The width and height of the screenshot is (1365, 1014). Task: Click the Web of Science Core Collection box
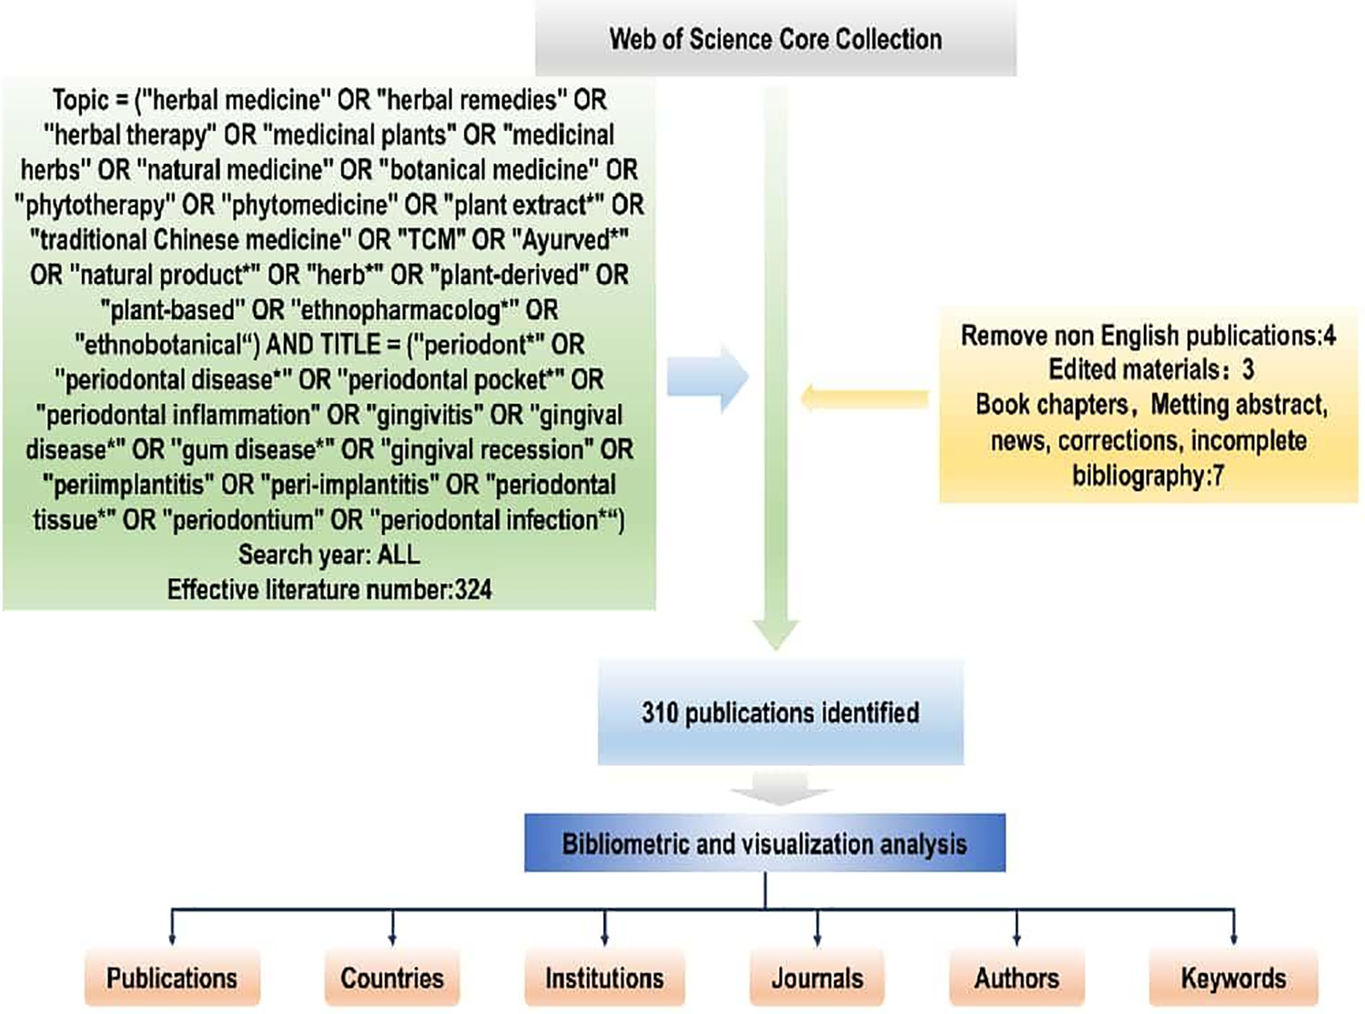(x=775, y=39)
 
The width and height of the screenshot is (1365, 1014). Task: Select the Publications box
(x=171, y=977)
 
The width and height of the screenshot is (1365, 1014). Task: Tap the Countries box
(x=392, y=977)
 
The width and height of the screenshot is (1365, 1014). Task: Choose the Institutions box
(x=604, y=977)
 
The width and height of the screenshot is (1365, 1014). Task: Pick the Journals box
(x=816, y=977)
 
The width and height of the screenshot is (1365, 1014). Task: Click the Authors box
(x=1016, y=977)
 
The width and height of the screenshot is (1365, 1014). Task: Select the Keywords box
(x=1233, y=977)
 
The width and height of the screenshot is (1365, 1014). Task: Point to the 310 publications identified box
(x=780, y=713)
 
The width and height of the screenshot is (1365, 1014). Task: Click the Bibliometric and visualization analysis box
(x=764, y=843)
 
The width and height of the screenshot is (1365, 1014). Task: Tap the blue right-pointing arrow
(x=707, y=378)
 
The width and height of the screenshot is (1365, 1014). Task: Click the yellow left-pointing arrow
(x=863, y=398)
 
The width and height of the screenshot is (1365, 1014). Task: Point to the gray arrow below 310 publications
(x=780, y=789)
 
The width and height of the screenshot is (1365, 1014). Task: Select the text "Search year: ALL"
(x=328, y=555)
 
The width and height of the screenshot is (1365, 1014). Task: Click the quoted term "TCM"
(x=432, y=240)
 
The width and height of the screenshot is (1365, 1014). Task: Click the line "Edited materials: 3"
(x=1150, y=370)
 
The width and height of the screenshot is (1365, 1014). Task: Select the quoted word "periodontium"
(x=242, y=520)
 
